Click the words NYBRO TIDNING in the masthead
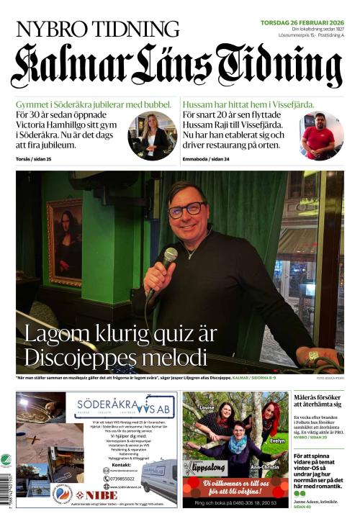pos(97,29)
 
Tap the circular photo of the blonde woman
pos(152,136)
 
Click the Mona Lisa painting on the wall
pos(65,241)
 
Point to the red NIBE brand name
pos(96,495)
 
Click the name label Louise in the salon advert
pos(207,407)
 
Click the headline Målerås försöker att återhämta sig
pos(318,400)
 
